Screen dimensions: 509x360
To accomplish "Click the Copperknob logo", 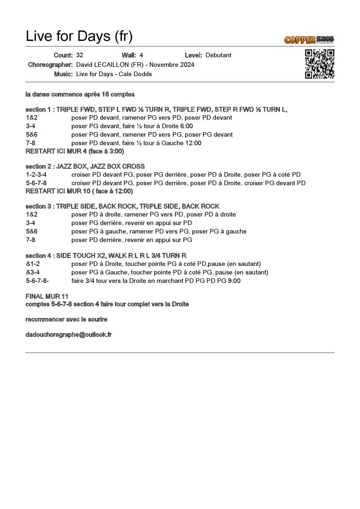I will pyautogui.click(x=309, y=40).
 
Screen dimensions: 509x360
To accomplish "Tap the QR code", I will pyautogui.click(x=320, y=64).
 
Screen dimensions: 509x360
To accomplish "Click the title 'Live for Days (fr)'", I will pyautogui.click(x=79, y=36).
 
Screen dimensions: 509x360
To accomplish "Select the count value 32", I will pyautogui.click(x=80, y=55).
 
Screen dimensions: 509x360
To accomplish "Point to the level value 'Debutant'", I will pyautogui.click(x=218, y=55).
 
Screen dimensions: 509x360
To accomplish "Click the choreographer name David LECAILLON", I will pyautogui.click(x=106, y=65).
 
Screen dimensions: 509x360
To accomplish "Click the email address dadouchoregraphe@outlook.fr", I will pyautogui.click(x=68, y=334).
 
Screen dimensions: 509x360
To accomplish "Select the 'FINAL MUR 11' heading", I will pyautogui.click(x=46, y=297).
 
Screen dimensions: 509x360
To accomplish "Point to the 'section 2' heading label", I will pyautogui.click(x=38, y=167).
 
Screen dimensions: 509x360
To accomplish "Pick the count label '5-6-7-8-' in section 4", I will pyautogui.click(x=38, y=281).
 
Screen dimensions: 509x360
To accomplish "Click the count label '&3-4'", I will pyautogui.click(x=33, y=272).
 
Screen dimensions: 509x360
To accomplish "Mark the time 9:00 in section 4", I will pyautogui.click(x=234, y=281).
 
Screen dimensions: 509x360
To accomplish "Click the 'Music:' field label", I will pyautogui.click(x=63, y=74).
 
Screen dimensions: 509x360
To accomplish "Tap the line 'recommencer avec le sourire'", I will pyautogui.click(x=66, y=319).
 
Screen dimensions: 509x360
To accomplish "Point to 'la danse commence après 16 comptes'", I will pyautogui.click(x=80, y=95).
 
